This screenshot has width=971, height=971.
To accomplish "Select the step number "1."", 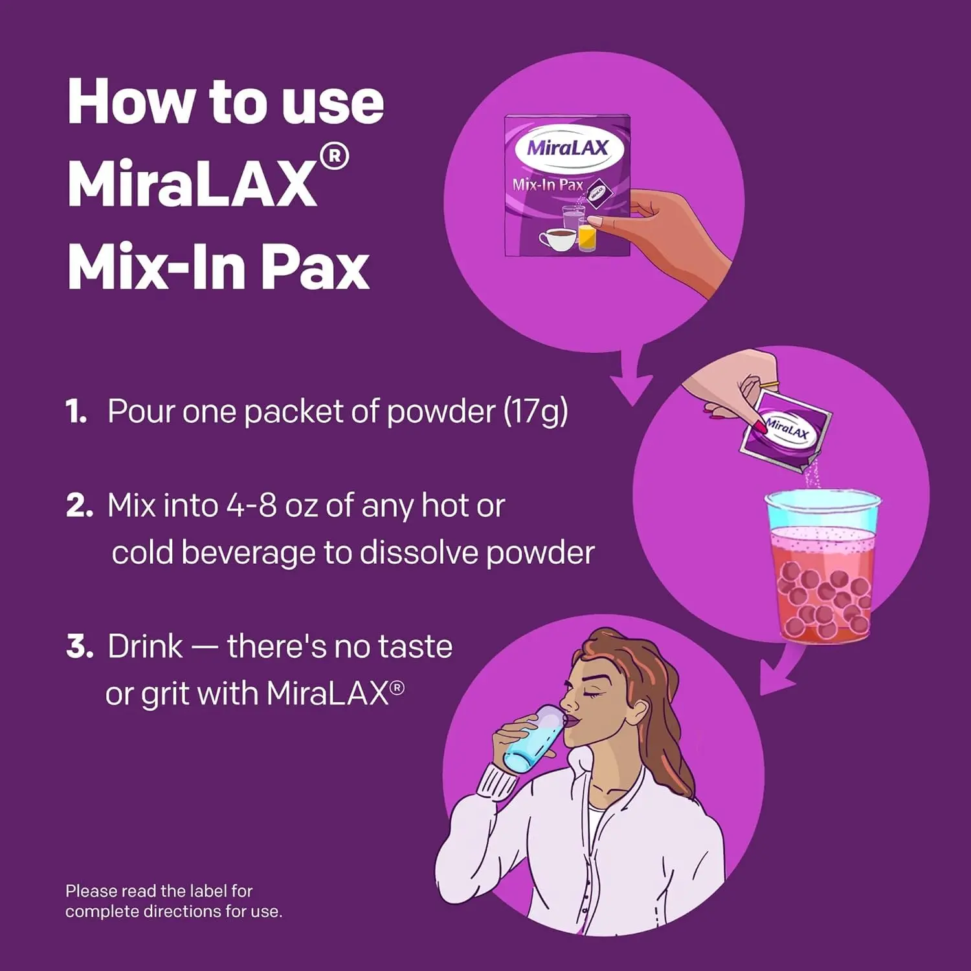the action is (76, 412).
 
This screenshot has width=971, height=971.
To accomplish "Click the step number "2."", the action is (79, 506).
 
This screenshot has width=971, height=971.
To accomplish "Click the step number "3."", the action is (80, 647).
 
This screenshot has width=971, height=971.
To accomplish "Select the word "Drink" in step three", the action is (145, 646).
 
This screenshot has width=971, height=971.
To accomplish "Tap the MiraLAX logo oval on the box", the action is (569, 148).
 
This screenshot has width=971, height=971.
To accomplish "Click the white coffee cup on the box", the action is (557, 239).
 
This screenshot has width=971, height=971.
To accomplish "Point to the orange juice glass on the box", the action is (587, 236).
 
